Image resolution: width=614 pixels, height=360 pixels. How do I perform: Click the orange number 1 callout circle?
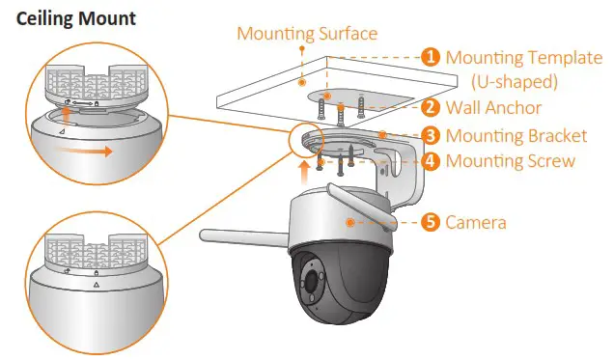[x=432, y=57]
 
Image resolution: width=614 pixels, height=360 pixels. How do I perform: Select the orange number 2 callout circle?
[x=432, y=108]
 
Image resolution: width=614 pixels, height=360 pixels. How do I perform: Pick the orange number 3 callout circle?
[x=432, y=136]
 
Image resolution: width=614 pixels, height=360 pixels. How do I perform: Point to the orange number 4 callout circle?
[x=432, y=160]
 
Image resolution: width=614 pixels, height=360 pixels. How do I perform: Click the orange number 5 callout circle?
[x=432, y=222]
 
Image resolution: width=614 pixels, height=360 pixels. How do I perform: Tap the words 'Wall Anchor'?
[x=493, y=108]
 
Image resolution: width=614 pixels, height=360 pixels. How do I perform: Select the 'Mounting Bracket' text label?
[x=517, y=136]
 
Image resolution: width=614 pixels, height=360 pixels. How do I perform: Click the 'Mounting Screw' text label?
[x=510, y=160]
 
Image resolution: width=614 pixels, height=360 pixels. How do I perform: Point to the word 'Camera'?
[x=476, y=222]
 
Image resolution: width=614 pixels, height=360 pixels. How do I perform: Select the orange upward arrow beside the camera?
[x=306, y=174]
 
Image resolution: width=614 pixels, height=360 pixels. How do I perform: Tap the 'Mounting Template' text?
[x=523, y=57]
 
